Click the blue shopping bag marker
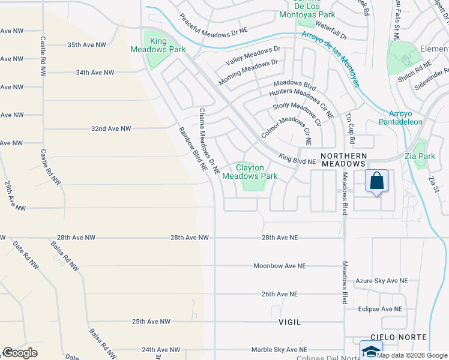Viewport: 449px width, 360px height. [376, 181]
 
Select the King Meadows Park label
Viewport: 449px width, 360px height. [158, 45]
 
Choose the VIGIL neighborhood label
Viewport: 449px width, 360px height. [289, 322]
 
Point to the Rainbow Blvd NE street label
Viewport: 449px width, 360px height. [192, 149]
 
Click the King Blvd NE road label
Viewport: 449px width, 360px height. [297, 159]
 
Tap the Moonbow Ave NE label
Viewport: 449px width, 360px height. [279, 266]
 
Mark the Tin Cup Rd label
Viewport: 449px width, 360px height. [350, 130]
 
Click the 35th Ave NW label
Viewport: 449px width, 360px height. [86, 45]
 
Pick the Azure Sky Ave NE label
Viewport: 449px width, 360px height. [382, 280]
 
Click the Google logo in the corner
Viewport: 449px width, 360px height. [20, 353]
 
